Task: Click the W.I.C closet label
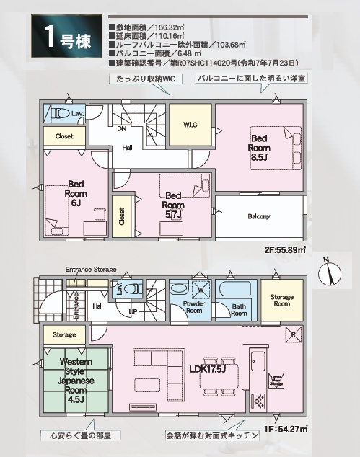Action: point(190,125)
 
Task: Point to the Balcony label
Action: point(259,216)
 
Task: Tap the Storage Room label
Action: point(282,301)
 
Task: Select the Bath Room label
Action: point(239,311)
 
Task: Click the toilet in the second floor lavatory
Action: point(59,114)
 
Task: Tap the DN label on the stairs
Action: point(122,129)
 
